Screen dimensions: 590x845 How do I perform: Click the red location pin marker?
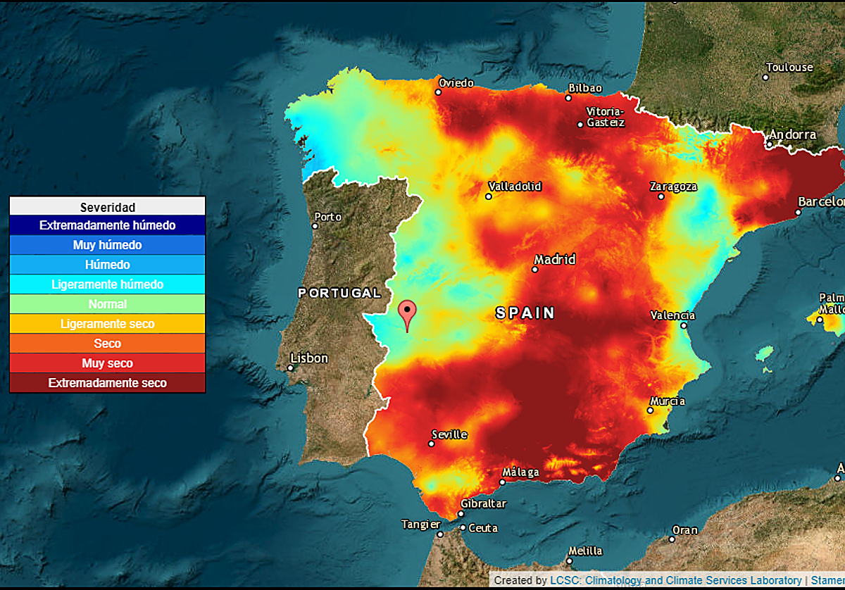pyautogui.click(x=407, y=313)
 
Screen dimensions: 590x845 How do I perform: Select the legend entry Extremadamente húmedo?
pyautogui.click(x=107, y=225)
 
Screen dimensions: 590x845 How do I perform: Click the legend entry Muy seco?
pyautogui.click(x=107, y=363)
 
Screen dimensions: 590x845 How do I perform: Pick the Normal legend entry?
pyautogui.click(x=107, y=304)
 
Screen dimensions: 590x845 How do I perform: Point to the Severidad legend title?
pyautogui.click(x=107, y=206)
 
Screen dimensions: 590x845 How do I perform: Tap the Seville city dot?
pyautogui.click(x=432, y=444)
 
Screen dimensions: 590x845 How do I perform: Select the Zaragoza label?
pyautogui.click(x=673, y=187)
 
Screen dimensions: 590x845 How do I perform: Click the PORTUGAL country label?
pyautogui.click(x=339, y=293)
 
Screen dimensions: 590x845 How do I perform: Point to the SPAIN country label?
pyautogui.click(x=525, y=313)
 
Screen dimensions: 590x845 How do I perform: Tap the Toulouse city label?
pyautogui.click(x=789, y=68)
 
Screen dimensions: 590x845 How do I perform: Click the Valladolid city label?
pyautogui.click(x=515, y=187)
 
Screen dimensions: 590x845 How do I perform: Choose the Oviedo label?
pyautogui.click(x=456, y=83)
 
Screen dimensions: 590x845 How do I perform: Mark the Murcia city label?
pyautogui.click(x=667, y=401)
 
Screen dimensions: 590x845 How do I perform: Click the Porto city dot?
pyautogui.click(x=315, y=226)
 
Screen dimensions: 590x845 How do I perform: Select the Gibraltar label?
pyautogui.click(x=483, y=504)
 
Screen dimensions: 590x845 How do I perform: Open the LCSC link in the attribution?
pyautogui.click(x=676, y=581)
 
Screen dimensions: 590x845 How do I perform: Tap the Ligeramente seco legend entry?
pyautogui.click(x=107, y=324)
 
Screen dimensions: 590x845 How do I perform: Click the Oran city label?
pyautogui.click(x=684, y=530)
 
